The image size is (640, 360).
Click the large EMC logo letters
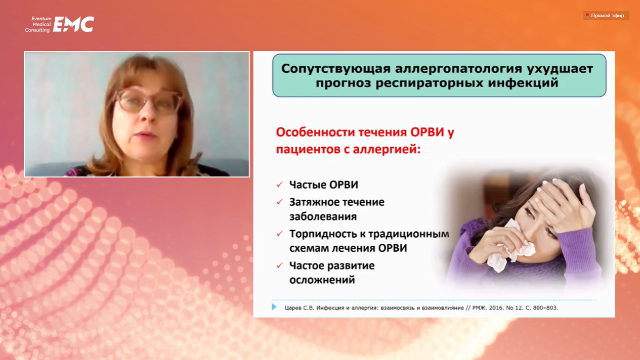pyautogui.click(x=74, y=24)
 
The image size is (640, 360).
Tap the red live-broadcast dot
pyautogui.click(x=587, y=15)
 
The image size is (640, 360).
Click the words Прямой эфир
pyautogui.click(x=608, y=16)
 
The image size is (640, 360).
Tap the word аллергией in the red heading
pyautogui.click(x=387, y=149)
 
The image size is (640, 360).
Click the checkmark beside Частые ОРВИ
pyautogui.click(x=279, y=185)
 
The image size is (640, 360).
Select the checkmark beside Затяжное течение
pyautogui.click(x=279, y=202)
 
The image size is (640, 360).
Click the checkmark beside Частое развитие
pyautogui.click(x=279, y=265)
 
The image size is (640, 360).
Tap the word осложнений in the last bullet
pyautogui.click(x=322, y=280)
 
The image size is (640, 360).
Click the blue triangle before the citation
pyautogui.click(x=274, y=307)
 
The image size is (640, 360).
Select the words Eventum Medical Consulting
pyautogui.click(x=38, y=24)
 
